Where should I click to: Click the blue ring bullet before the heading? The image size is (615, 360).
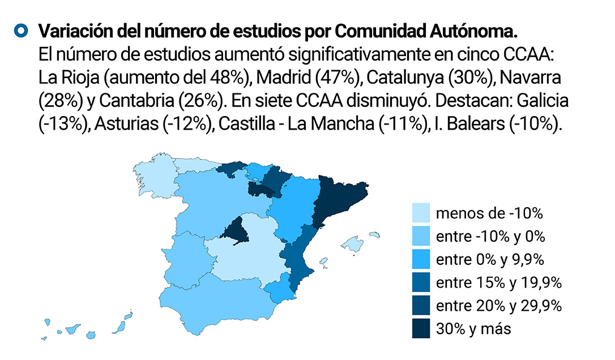tap(22, 31)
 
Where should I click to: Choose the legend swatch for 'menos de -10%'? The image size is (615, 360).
tap(420, 213)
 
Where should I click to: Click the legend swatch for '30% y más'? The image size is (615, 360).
tap(420, 329)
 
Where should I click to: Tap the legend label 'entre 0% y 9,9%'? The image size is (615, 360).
tap(490, 260)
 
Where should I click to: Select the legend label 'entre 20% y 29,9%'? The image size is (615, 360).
tap(498, 306)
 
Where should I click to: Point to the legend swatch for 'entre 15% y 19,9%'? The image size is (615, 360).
tap(420, 283)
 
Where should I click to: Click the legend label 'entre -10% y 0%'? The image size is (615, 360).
tap(490, 237)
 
